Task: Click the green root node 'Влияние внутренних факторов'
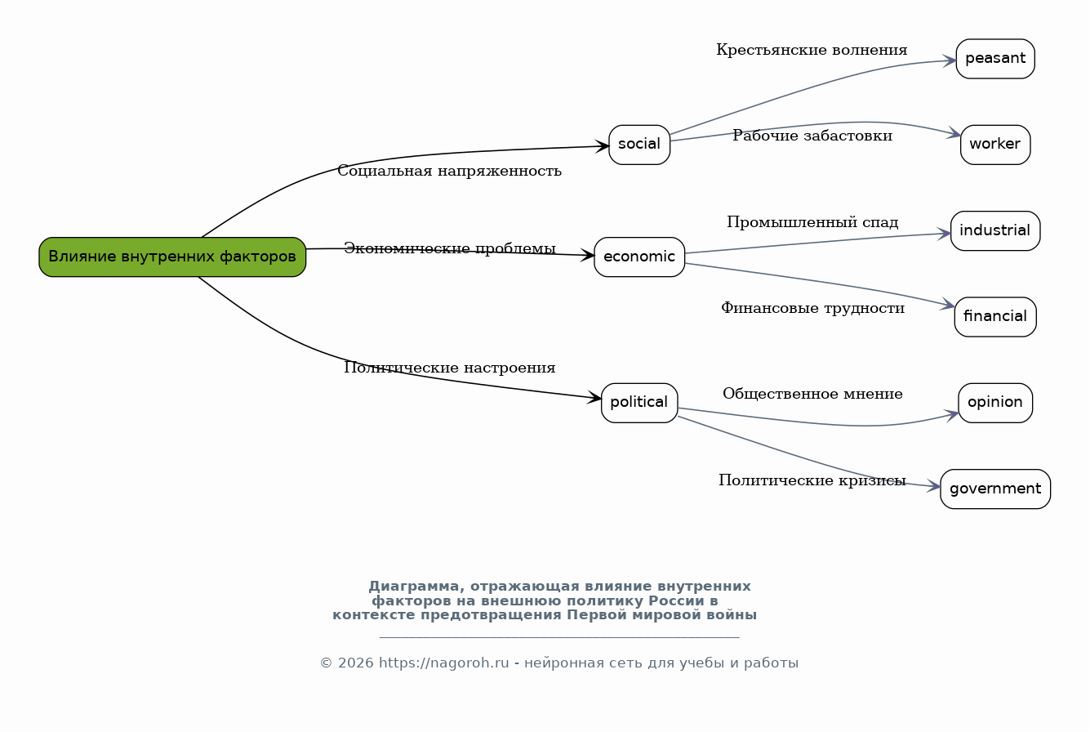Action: (x=172, y=257)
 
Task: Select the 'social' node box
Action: (x=639, y=145)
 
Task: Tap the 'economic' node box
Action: (x=639, y=257)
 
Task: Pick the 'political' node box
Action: (x=639, y=403)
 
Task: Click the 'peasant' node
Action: (x=995, y=59)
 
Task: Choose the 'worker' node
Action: (x=995, y=145)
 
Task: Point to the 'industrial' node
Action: (x=995, y=231)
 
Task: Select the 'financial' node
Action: (x=995, y=316)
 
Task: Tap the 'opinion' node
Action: (x=995, y=403)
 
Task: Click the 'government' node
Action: (x=995, y=489)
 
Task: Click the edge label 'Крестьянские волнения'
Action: (x=812, y=50)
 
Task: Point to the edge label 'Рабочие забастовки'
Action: (x=812, y=136)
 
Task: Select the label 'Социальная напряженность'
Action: (x=449, y=171)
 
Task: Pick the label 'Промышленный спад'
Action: (x=812, y=222)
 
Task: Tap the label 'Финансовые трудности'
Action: (x=812, y=308)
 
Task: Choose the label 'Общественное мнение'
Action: (x=812, y=394)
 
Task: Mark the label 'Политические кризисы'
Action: (x=812, y=480)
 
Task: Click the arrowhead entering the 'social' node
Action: (x=603, y=146)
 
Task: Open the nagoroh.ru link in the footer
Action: (x=444, y=663)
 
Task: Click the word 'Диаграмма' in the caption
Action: (x=413, y=587)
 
